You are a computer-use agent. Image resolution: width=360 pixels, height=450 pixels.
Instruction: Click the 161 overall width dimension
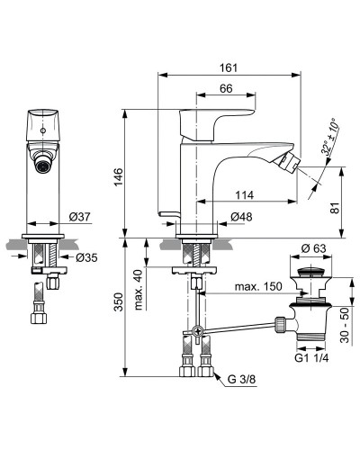tap(229, 67)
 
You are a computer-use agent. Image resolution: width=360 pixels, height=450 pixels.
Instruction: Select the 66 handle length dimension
tap(226, 88)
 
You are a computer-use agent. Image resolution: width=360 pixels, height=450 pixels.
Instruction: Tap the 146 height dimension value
tap(119, 176)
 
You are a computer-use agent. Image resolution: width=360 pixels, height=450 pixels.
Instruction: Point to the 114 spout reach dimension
tap(244, 195)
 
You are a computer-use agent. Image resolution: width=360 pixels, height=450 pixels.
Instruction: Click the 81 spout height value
tap(335, 208)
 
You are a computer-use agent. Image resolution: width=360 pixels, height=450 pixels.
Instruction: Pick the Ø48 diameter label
tap(241, 217)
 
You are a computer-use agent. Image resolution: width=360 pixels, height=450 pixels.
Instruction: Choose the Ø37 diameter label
tap(79, 217)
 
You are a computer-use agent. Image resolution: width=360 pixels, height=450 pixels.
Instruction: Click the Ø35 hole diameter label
tap(86, 257)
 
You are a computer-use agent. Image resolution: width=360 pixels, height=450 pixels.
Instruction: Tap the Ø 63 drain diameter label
tap(313, 248)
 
